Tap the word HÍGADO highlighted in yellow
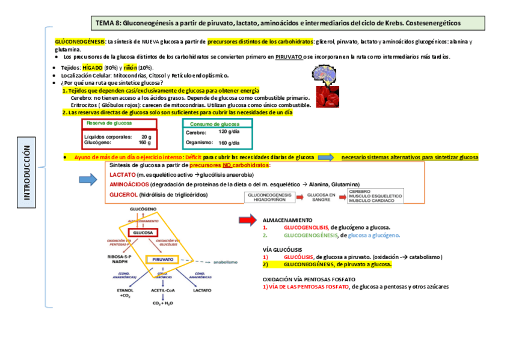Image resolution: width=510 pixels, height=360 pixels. click(x=93, y=68)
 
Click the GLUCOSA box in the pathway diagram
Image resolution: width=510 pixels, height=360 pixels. click(x=143, y=232)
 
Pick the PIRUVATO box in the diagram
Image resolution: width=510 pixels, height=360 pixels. click(x=163, y=259)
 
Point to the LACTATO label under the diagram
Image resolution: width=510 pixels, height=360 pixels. click(x=201, y=290)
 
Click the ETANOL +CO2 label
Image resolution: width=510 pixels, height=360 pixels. click(x=126, y=293)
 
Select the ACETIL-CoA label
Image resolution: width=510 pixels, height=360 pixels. click(x=162, y=290)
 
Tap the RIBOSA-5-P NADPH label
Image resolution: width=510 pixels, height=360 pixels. click(x=120, y=259)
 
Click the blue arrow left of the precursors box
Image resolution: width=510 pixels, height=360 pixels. click(x=88, y=178)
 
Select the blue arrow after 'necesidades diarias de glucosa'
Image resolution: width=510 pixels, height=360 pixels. click(x=325, y=157)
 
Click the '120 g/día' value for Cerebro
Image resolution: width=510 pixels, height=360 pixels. click(x=229, y=132)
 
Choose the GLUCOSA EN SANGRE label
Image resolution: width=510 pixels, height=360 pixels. click(x=321, y=198)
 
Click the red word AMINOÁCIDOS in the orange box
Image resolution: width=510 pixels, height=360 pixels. click(x=129, y=185)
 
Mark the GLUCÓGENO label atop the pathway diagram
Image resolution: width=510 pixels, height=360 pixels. click(x=143, y=209)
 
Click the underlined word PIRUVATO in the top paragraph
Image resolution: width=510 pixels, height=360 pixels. click(x=289, y=57)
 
